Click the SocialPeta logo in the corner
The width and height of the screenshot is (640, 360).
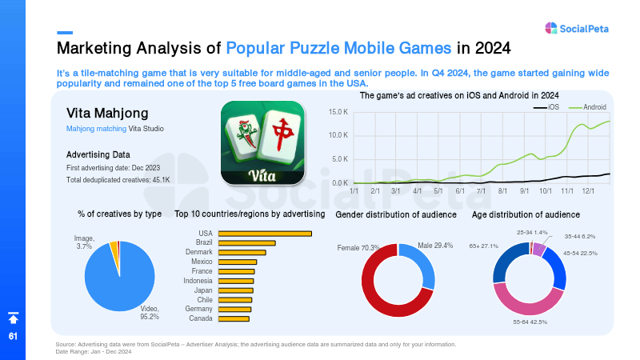[x=576, y=28]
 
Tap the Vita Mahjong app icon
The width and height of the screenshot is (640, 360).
[x=262, y=143]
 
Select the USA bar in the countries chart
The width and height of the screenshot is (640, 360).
[x=265, y=234]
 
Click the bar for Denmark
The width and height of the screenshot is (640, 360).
[x=242, y=253]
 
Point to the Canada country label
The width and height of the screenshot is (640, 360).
[x=201, y=318]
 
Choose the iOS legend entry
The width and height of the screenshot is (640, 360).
[x=546, y=107]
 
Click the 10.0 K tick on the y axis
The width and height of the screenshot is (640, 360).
[x=338, y=135]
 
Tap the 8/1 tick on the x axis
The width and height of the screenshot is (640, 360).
[x=502, y=191]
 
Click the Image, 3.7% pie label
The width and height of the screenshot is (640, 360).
[x=84, y=242]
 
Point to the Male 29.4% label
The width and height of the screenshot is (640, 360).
[x=435, y=246]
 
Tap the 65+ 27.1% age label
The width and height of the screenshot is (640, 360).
[x=484, y=246]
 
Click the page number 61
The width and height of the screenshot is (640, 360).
[x=13, y=336]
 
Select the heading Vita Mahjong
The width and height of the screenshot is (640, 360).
[x=107, y=113]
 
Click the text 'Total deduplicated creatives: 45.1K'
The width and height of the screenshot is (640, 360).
[x=118, y=180]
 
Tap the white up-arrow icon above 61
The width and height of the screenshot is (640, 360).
[x=13, y=318]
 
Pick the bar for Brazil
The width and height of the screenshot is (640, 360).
[x=247, y=243]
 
